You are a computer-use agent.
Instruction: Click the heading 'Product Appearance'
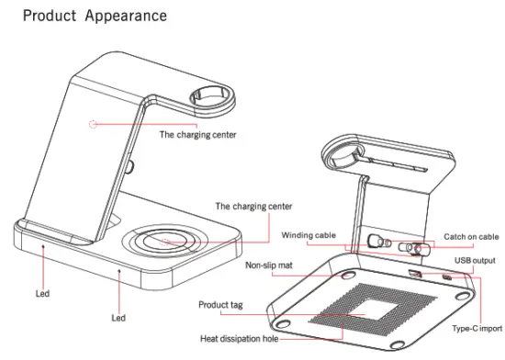click(94, 17)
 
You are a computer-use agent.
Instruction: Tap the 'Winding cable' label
click(310, 234)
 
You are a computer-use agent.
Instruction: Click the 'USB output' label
click(473, 262)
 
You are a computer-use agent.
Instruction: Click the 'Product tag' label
click(223, 304)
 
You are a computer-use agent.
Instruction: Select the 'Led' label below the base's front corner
click(118, 318)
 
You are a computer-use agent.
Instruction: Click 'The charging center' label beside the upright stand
click(198, 135)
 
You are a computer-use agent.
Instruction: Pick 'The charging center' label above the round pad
click(253, 207)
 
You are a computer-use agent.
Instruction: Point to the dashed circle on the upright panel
click(92, 122)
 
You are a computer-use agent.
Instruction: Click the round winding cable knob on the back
click(374, 242)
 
